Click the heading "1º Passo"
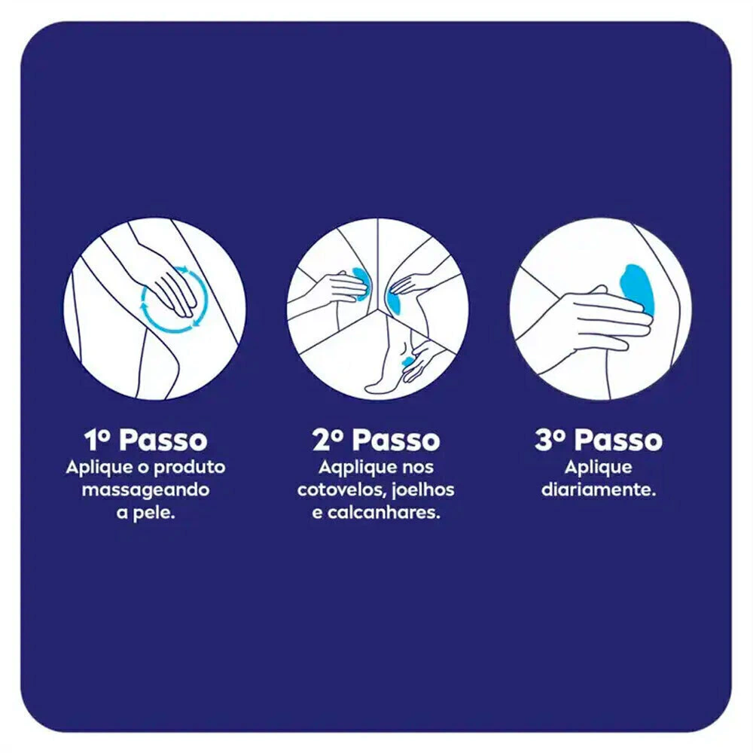point(145,440)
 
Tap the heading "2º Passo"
point(376,440)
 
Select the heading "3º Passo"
point(599,440)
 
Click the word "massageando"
point(145,491)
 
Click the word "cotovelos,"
point(341,490)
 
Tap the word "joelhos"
point(423,490)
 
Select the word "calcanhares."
point(384,513)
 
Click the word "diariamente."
point(599,490)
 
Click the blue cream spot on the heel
point(407,361)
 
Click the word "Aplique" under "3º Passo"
point(599,468)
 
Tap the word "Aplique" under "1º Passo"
point(99,468)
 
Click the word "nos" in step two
point(418,468)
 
